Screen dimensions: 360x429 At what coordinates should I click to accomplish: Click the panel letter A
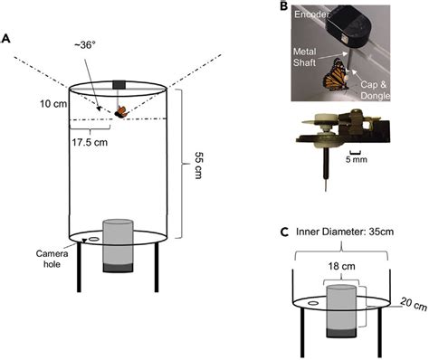pyautogui.click(x=8, y=39)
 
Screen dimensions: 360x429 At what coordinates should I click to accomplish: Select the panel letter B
pyautogui.click(x=283, y=7)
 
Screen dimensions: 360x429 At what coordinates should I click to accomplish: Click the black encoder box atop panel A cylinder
pyautogui.click(x=119, y=86)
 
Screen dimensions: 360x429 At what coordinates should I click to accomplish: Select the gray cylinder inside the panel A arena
pyautogui.click(x=118, y=242)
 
